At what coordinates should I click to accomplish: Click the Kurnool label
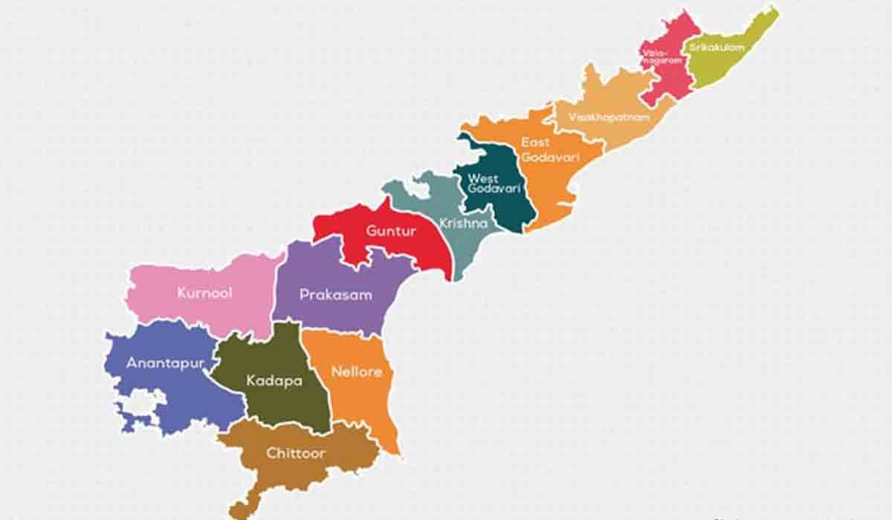(x=204, y=293)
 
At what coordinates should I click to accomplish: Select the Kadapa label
(x=274, y=381)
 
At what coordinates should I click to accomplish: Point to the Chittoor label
(x=296, y=452)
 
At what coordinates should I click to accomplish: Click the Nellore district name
(x=357, y=371)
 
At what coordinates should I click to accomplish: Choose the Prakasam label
(x=335, y=295)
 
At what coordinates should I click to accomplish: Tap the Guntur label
(x=391, y=231)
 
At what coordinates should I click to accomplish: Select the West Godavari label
(x=483, y=184)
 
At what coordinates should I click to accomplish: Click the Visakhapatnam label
(x=609, y=117)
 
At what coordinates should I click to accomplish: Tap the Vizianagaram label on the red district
(x=661, y=57)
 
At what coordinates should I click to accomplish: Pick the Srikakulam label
(x=717, y=48)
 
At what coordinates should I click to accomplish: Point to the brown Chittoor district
(x=297, y=475)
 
